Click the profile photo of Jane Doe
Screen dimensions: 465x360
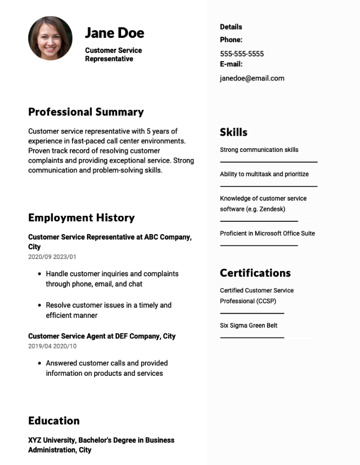(x=50, y=38)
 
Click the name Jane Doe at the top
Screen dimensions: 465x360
(x=115, y=33)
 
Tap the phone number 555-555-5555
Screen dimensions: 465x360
(x=242, y=54)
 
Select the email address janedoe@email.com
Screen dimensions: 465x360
(x=252, y=78)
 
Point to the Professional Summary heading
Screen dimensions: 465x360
(x=86, y=112)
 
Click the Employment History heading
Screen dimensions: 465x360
(x=81, y=218)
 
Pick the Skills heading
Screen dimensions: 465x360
(x=234, y=132)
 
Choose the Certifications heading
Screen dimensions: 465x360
(x=255, y=273)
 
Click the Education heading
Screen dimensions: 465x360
(x=54, y=421)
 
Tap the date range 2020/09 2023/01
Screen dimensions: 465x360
(x=52, y=257)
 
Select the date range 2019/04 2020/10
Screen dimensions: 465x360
(x=52, y=346)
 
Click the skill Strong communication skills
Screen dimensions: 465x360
(x=259, y=150)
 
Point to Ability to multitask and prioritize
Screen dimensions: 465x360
(x=264, y=174)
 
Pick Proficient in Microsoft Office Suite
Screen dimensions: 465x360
(x=267, y=234)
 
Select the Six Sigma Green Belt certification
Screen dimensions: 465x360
(x=249, y=325)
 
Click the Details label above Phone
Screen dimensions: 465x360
(x=231, y=27)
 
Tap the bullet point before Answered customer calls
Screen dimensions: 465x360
(x=39, y=363)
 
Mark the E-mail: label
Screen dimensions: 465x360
(x=231, y=64)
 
